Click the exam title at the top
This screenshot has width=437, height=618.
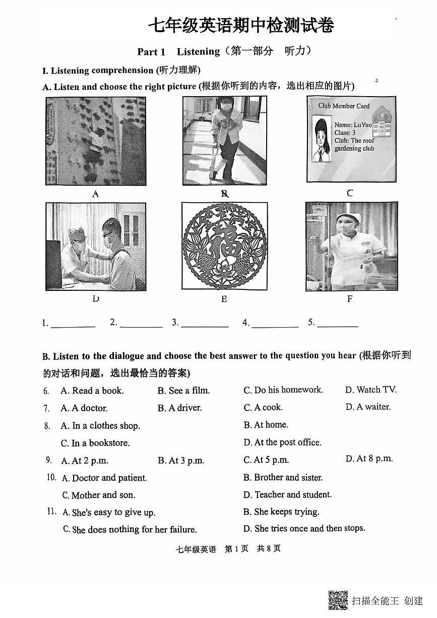[241, 25]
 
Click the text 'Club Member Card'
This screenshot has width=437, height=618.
[344, 106]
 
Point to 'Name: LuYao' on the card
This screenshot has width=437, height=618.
[353, 125]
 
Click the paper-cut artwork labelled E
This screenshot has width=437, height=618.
[224, 246]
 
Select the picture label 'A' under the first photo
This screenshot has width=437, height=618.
[96, 194]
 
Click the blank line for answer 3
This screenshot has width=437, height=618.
[205, 324]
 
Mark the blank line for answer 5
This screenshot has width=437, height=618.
[337, 324]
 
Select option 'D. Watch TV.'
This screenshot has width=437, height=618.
[371, 390]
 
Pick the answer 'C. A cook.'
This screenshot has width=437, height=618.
[263, 408]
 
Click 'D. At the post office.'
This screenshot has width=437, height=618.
[282, 442]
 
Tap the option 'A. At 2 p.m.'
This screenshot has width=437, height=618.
[85, 460]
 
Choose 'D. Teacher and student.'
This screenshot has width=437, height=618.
[287, 495]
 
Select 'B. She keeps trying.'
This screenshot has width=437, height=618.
[281, 512]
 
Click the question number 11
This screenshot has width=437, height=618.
[51, 512]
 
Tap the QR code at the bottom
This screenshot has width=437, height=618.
[338, 600]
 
